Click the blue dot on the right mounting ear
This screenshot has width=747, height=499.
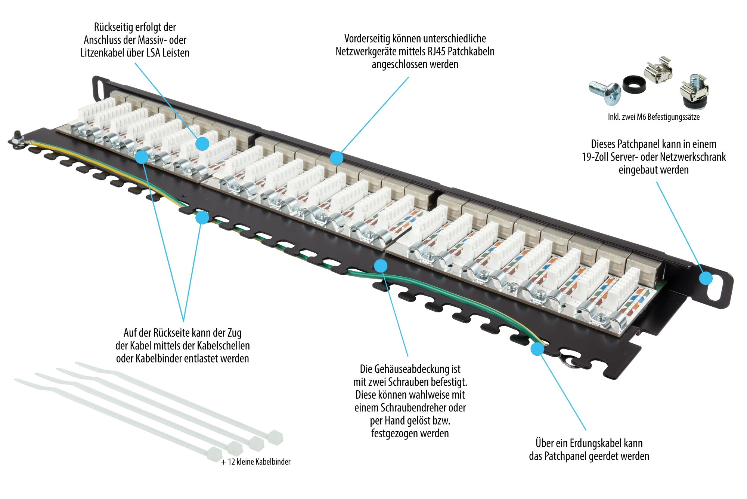[x=706, y=278]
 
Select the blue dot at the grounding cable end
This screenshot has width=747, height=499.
[x=537, y=349]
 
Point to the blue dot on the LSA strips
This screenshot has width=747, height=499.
[x=202, y=144]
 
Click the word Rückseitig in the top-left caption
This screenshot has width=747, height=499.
[x=111, y=27]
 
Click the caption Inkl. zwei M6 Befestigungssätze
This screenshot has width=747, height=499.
[x=653, y=117]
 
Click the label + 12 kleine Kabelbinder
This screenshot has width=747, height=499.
[x=255, y=462]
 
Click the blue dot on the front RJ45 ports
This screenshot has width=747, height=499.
[x=337, y=158]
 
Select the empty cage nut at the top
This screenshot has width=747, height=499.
[x=658, y=70]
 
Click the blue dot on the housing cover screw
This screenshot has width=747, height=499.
[x=380, y=266]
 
